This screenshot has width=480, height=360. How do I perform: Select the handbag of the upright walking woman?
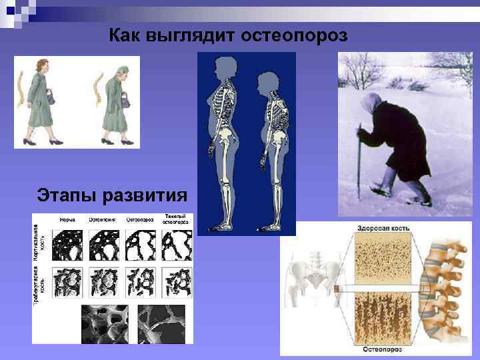pyautogui.click(x=51, y=97)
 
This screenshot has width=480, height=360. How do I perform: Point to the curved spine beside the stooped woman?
pyautogui.click(x=94, y=87)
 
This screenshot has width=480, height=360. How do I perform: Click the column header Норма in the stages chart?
pyautogui.click(x=67, y=219)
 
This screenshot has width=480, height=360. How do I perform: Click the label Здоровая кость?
pyautogui.click(x=383, y=228)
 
